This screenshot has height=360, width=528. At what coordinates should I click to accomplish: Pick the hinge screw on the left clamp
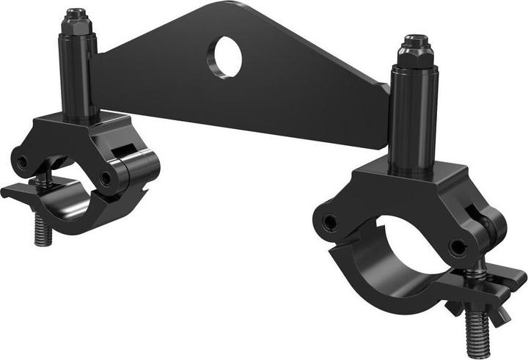109,178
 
